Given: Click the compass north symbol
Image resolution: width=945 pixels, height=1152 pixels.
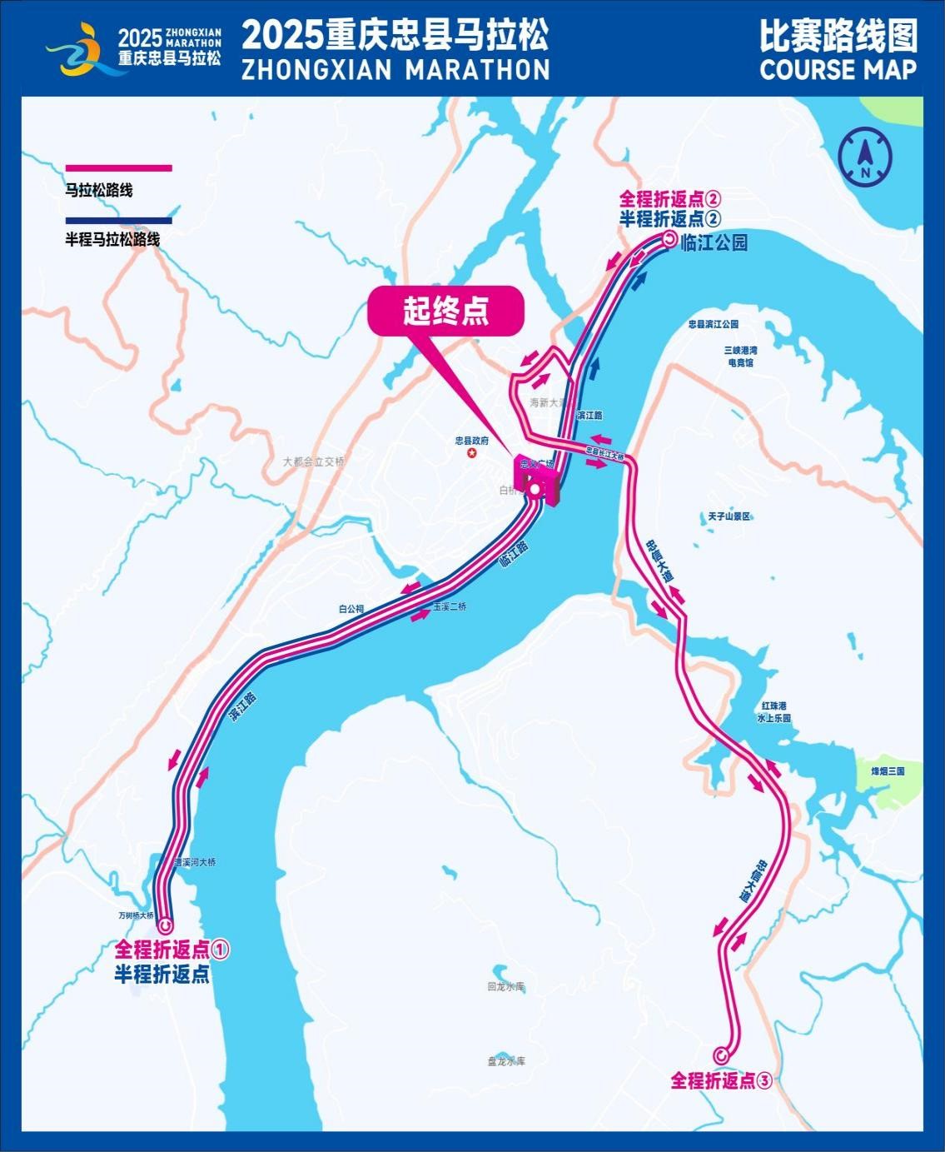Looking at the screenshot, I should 865,157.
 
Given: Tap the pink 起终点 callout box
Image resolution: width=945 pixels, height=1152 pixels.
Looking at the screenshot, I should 446,312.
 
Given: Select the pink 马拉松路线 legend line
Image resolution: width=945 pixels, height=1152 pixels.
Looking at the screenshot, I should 118,168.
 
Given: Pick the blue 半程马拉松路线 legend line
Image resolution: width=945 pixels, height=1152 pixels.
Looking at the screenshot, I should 118,221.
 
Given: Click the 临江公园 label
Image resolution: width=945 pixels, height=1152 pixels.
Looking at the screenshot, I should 714,242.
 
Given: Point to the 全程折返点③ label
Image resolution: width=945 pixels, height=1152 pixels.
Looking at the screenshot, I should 721,1081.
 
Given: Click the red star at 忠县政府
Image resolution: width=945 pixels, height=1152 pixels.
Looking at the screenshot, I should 472,453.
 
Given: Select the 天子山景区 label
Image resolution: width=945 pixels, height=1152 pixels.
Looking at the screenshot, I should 729,516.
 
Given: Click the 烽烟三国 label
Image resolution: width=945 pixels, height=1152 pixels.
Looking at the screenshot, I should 888,771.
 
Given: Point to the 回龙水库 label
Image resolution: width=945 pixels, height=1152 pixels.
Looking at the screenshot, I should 506,987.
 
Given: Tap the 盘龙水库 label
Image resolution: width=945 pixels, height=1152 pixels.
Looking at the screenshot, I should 506,1061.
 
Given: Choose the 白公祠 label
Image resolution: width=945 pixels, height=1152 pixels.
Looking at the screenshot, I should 351,609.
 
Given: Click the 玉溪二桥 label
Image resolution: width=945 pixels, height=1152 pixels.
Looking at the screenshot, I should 450,607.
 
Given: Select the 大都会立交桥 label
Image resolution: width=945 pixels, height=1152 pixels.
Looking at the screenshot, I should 313,461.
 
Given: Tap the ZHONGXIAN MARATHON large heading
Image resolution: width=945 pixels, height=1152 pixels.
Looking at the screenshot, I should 395,69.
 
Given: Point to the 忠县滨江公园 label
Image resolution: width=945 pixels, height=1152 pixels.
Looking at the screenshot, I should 714,324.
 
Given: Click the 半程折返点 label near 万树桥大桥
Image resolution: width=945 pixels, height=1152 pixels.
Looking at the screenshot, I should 162,974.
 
